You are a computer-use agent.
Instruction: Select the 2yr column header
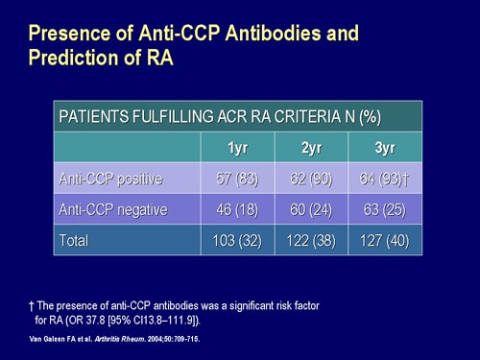(310, 148)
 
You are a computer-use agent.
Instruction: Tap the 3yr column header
(385, 148)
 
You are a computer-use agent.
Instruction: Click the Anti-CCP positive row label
(111, 179)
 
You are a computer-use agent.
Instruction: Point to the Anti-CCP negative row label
(114, 209)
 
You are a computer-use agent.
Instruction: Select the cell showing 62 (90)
(310, 179)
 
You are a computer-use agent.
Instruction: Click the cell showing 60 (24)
(310, 209)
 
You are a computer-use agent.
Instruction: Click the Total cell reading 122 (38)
(310, 239)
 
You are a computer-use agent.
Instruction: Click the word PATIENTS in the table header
(94, 117)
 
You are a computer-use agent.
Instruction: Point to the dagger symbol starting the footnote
(31, 304)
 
